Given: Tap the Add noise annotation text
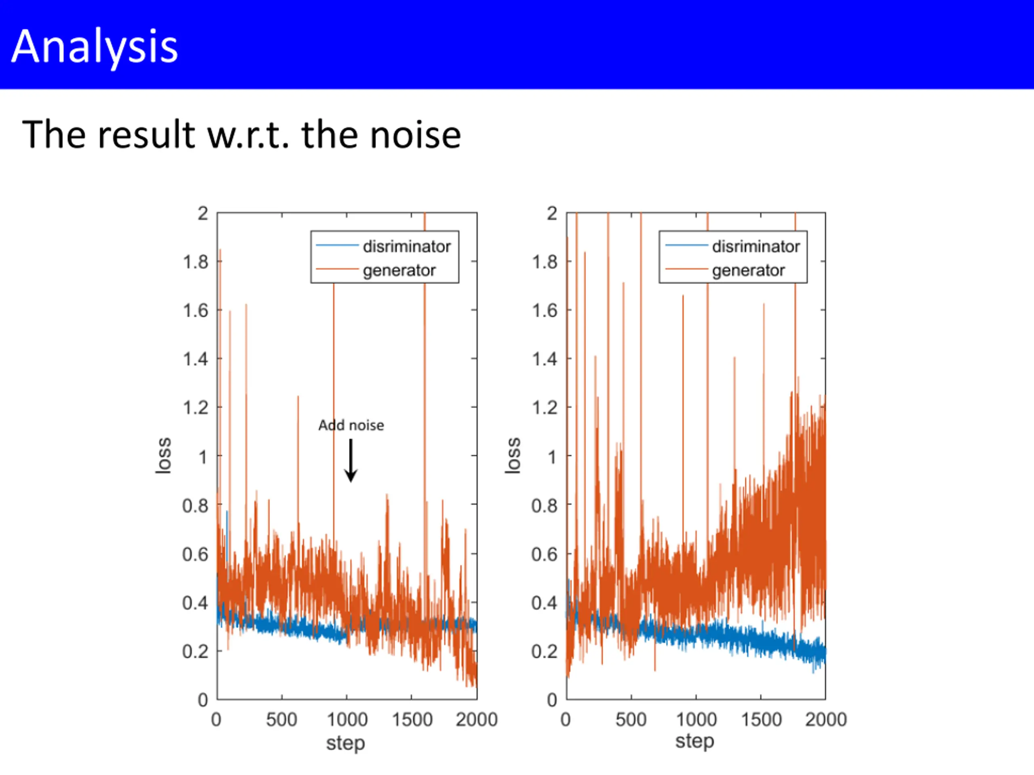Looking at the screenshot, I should coord(351,425).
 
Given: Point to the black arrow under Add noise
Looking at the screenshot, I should coord(351,460).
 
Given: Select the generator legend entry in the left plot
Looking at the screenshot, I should coord(399,270).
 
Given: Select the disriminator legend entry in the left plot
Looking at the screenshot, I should coord(406,246).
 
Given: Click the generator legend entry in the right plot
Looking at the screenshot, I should coord(748,270).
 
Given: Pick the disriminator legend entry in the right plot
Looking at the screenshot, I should coord(755,246).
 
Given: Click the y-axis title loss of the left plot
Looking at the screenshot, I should coord(164,456).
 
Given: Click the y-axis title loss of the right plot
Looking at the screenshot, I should coord(513,456).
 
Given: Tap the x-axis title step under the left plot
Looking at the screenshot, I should coord(345,742).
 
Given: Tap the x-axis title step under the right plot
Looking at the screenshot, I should coord(695,741).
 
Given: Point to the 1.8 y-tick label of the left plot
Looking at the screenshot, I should coord(195,262).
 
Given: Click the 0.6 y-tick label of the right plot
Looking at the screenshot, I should coord(544,555).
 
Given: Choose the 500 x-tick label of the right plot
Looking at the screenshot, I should coord(631,719).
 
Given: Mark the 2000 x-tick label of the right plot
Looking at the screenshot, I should coord(826,719).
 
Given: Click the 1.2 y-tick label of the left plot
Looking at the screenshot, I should coord(195,408).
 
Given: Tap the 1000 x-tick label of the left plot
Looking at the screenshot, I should coord(347,719).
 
